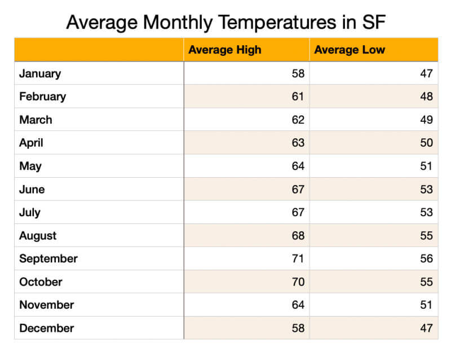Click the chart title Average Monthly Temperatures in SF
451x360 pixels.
click(225, 23)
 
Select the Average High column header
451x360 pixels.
click(225, 50)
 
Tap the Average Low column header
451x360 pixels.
click(350, 50)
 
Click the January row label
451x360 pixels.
click(40, 73)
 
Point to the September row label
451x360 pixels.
click(48, 258)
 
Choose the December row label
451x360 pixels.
click(46, 328)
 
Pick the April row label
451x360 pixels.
click(31, 143)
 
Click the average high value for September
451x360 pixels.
click(298, 258)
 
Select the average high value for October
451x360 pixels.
click(298, 282)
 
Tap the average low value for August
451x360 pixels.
click(426, 235)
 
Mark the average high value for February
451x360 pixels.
click(298, 96)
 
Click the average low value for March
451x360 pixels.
click(426, 120)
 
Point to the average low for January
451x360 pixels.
click(426, 73)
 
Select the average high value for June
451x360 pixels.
click(298, 189)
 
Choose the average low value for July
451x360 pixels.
click(426, 212)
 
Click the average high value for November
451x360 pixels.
click(298, 305)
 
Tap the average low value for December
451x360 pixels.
click(426, 328)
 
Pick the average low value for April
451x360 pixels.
click(426, 143)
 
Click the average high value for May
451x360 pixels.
click(298, 166)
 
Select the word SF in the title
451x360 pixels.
click(373, 23)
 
